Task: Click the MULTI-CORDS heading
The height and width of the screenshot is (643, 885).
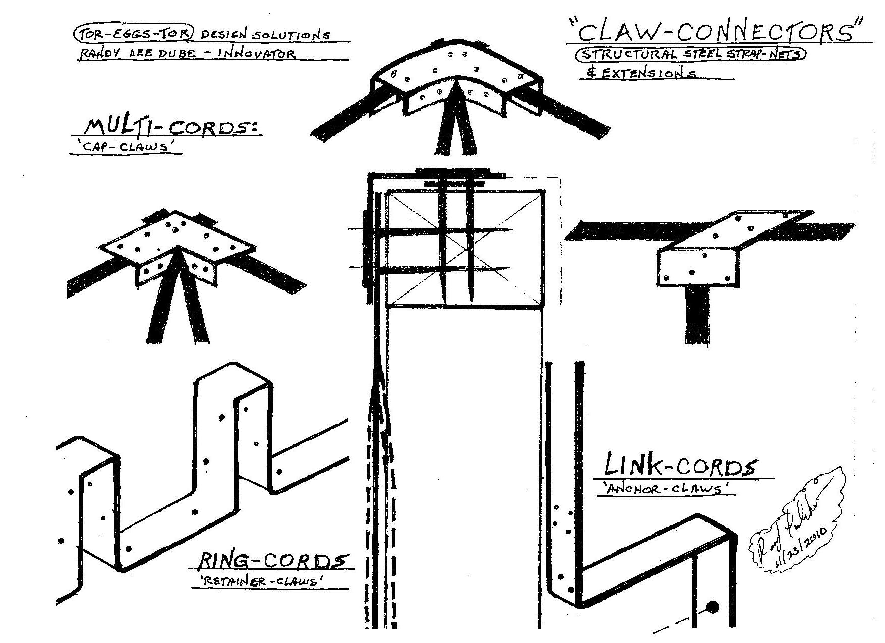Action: point(164,127)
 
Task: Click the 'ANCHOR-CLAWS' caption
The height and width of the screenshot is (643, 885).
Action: point(665,489)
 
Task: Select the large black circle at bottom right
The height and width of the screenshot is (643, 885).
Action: point(713,607)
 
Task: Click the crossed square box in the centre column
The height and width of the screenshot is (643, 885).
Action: point(465,248)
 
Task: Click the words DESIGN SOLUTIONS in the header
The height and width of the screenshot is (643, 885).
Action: point(266,35)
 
